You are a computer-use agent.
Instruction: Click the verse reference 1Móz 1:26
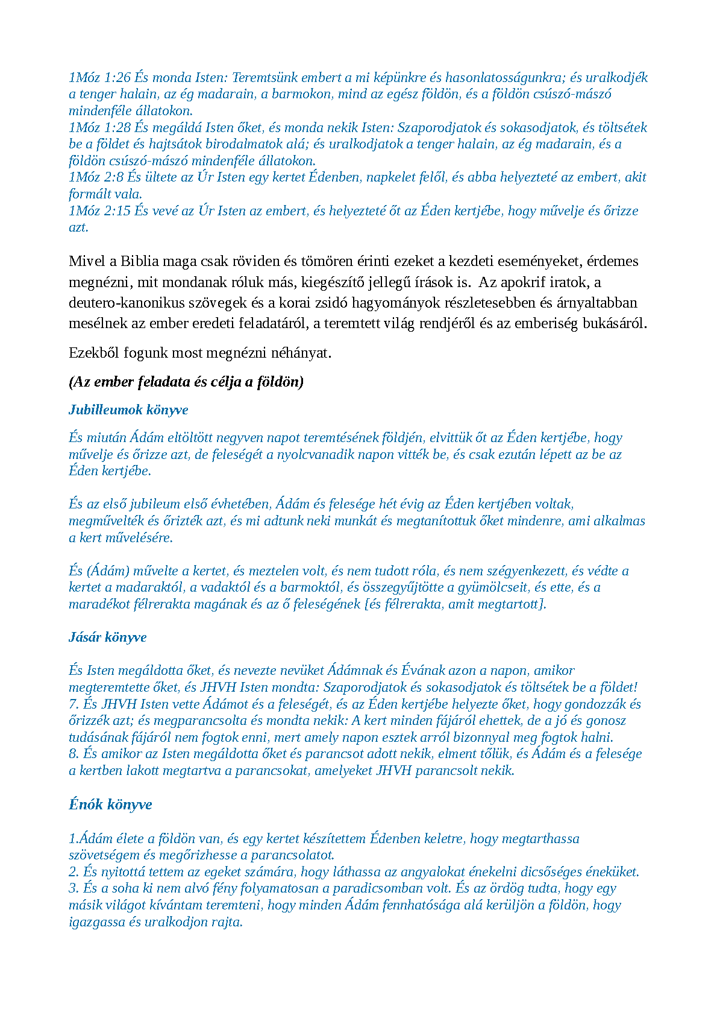click(99, 78)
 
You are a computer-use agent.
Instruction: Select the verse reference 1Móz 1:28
click(99, 128)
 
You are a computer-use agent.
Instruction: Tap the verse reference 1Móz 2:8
click(96, 177)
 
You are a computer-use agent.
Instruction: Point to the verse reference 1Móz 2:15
click(99, 211)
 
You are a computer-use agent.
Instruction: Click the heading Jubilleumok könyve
click(128, 410)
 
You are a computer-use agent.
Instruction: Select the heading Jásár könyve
click(108, 637)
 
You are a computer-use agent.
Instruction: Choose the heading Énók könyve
click(110, 805)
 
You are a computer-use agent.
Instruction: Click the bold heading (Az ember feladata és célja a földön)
click(186, 382)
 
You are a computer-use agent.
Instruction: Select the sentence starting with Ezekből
click(200, 353)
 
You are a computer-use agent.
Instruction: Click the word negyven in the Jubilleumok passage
click(240, 438)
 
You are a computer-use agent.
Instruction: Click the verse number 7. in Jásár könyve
click(74, 704)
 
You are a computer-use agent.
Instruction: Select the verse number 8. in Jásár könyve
click(74, 754)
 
